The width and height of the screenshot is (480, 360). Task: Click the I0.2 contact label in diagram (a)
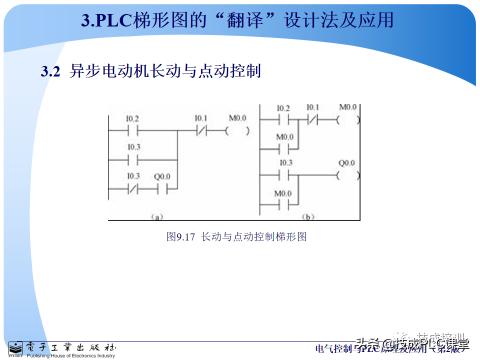pos(132,119)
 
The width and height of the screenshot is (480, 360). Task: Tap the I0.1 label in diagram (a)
pos(201,118)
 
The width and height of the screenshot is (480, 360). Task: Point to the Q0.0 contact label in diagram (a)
pos(162,176)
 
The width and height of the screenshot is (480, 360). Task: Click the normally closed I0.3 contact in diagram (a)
pos(132,189)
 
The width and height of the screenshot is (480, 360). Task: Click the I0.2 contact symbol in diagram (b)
pos(282,120)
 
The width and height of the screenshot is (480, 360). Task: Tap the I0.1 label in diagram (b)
pos(313,107)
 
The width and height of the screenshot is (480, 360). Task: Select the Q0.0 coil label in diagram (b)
pos(346,163)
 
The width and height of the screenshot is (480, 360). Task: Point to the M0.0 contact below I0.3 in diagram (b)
pos(283,205)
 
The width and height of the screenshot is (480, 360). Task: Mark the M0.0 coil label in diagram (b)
pos(348,107)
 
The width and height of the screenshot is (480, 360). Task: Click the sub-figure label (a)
pos(157,217)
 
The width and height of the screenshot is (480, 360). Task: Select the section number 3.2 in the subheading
pos(50,71)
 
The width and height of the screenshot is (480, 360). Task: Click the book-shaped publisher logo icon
pos(15,348)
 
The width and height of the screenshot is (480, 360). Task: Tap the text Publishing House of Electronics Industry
pos(70,356)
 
